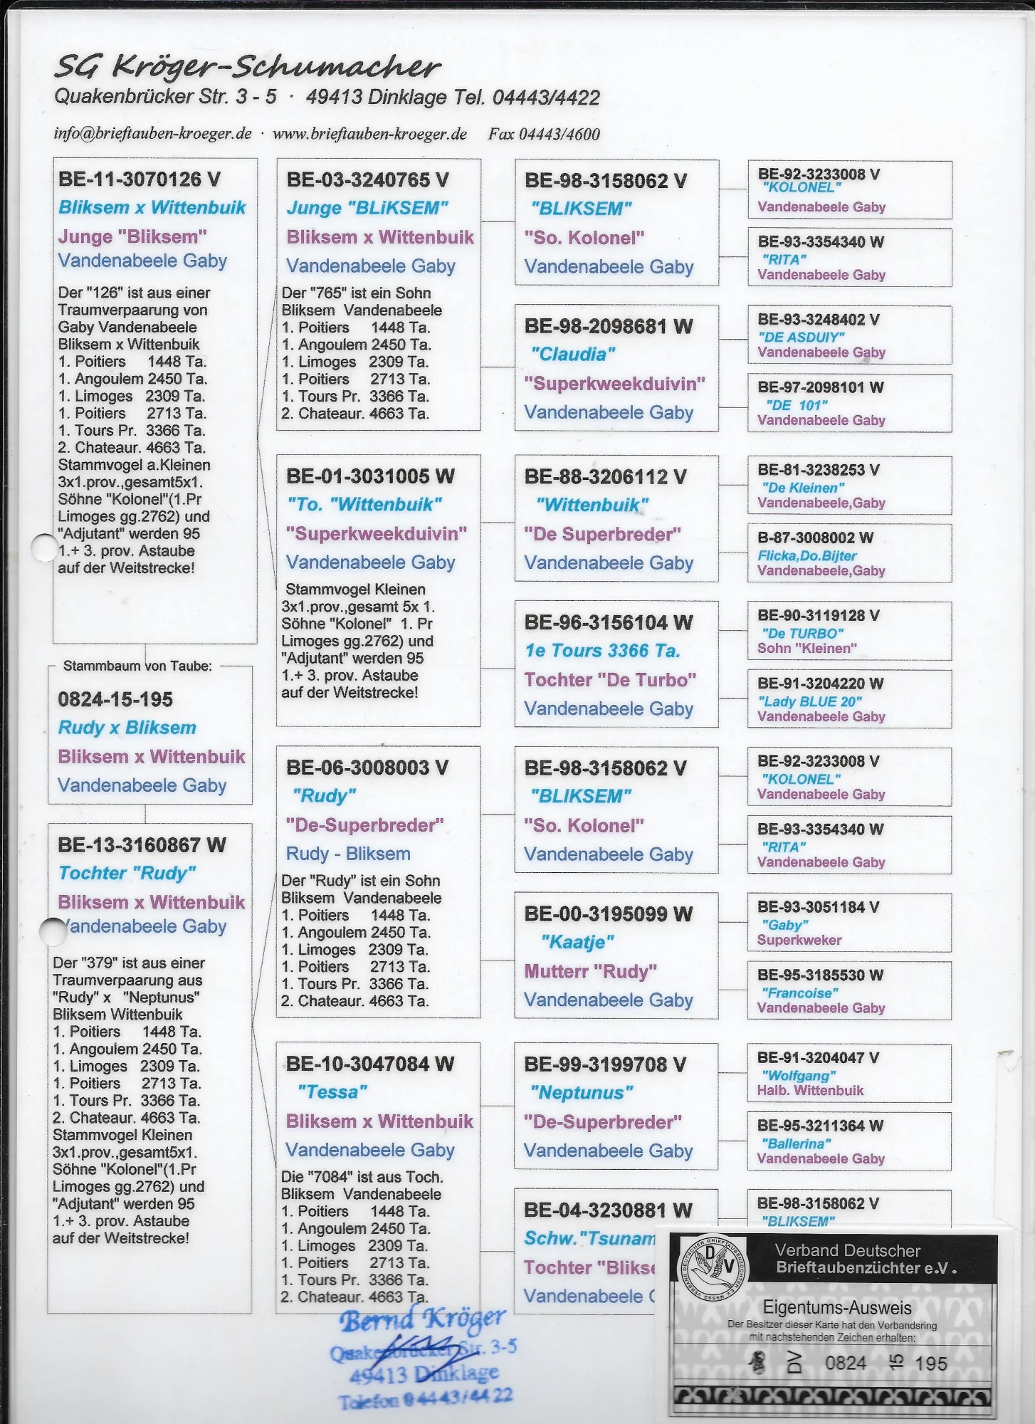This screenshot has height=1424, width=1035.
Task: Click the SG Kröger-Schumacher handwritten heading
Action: coord(248,67)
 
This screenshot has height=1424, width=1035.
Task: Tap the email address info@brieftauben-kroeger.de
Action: coord(152,134)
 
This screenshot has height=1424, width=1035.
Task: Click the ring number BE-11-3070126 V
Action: coord(140,179)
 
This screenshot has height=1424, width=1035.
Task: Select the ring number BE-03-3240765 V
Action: coord(367,180)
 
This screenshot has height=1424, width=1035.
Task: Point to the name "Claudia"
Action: coord(573,355)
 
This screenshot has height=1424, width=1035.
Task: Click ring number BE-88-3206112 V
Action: coord(605,477)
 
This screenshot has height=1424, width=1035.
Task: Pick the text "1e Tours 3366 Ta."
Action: coord(602,651)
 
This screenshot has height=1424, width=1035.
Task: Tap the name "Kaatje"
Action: coord(577,942)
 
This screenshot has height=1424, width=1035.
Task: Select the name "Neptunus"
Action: coord(582,1092)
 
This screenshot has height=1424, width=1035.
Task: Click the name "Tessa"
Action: coord(332,1091)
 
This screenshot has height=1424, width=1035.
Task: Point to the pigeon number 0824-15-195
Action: coord(115,699)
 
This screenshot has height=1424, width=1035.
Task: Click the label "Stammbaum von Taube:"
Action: coord(137,666)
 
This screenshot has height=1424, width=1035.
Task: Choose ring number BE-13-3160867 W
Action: coord(142,845)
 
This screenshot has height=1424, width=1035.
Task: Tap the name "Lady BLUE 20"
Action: coord(810,701)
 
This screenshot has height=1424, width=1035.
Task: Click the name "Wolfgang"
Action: coord(798,1075)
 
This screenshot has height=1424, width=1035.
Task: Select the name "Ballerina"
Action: coord(796,1143)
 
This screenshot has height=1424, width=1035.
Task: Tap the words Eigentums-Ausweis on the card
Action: coord(836,1307)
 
